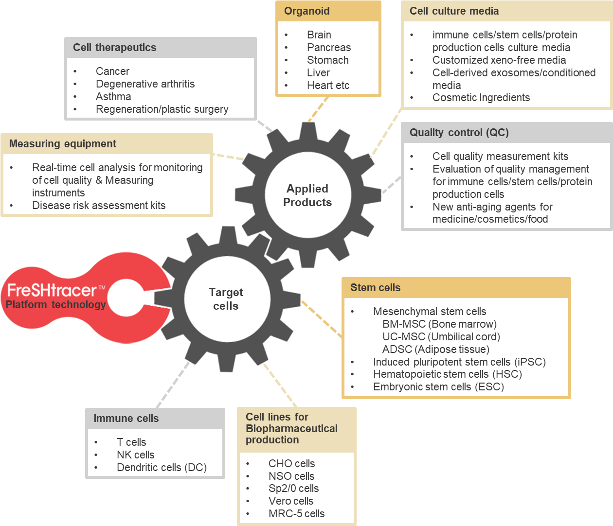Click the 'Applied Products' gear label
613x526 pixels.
pyautogui.click(x=307, y=195)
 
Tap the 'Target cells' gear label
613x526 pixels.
pyautogui.click(x=226, y=299)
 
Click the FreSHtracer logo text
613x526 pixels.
pyautogui.click(x=53, y=290)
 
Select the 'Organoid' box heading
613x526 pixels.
pyautogui.click(x=306, y=11)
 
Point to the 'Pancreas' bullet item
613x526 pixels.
pyautogui.click(x=328, y=47)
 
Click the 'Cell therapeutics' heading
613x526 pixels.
pyautogui.click(x=114, y=47)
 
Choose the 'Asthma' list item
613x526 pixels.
pyautogui.click(x=113, y=96)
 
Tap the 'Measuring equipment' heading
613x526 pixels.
pyautogui.click(x=63, y=143)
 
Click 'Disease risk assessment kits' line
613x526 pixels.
pyautogui.click(x=99, y=205)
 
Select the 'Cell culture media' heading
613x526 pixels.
pyautogui.click(x=454, y=11)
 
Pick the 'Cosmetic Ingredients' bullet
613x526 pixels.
pyautogui.click(x=481, y=97)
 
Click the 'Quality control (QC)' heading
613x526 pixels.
pyautogui.click(x=459, y=132)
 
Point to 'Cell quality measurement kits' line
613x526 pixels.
pyautogui.click(x=500, y=156)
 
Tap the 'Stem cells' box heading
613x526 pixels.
pyautogui.click(x=375, y=287)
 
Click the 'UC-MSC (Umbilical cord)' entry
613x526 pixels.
pyautogui.click(x=441, y=336)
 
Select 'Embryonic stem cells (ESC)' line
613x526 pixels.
pyautogui.click(x=438, y=386)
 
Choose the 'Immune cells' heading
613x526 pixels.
pyautogui.click(x=126, y=418)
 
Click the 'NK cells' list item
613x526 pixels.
pyautogui.click(x=135, y=455)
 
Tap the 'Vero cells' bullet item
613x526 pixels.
pyautogui.click(x=291, y=501)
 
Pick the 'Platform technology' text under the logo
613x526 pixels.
pyautogui.click(x=55, y=305)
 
